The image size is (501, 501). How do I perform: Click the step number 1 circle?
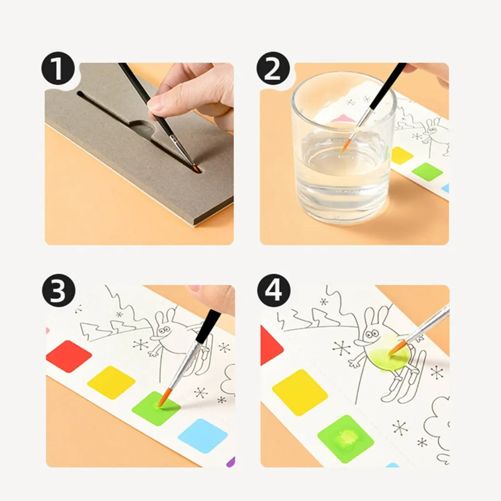click(58, 68)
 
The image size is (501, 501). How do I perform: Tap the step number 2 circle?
click(273, 68)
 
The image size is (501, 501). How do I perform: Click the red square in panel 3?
click(68, 357)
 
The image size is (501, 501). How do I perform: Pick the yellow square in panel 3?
click(111, 382)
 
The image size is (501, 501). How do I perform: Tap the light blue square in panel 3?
click(203, 435)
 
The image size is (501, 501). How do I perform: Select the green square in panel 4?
click(345, 438)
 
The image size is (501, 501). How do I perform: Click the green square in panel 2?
click(427, 172)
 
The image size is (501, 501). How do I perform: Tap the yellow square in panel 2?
click(402, 156)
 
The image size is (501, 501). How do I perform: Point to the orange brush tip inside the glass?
click(346, 144)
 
